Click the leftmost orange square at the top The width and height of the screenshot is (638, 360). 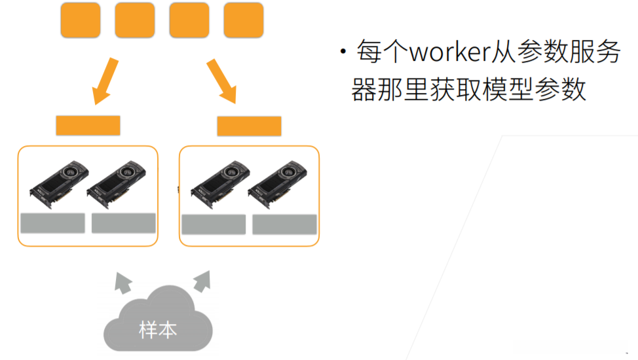(81, 20)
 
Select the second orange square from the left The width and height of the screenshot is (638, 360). (135, 20)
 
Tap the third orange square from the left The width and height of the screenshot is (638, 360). (189, 20)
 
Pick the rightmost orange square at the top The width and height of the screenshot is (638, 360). (243, 20)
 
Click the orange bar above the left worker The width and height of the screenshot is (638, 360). (88, 125)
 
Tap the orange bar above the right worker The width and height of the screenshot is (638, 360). (249, 126)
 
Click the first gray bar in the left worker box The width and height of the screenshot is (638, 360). (52, 223)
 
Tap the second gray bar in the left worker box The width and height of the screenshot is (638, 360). (123, 223)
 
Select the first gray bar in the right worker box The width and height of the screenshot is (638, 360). (214, 225)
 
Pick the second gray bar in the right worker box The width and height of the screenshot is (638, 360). (284, 225)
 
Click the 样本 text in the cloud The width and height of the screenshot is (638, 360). (158, 329)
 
